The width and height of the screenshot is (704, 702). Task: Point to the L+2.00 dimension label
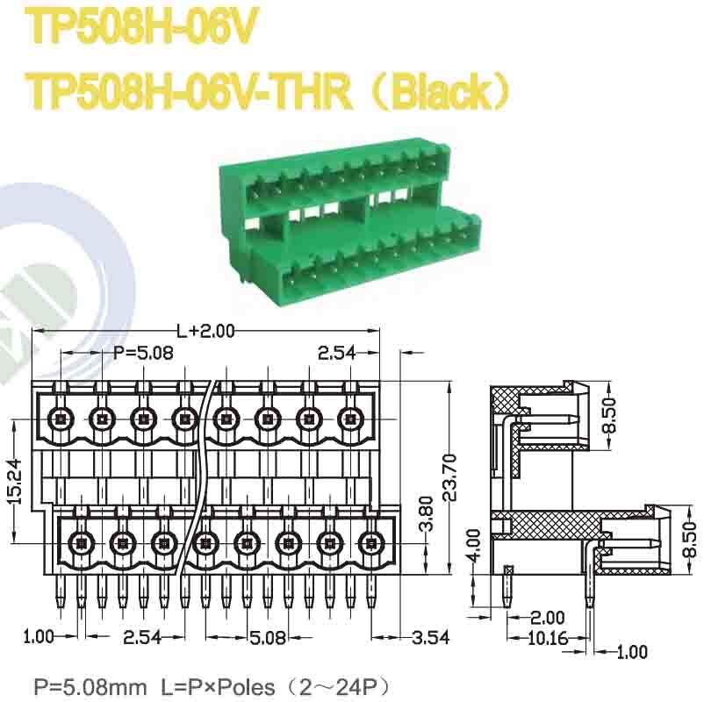point(206,331)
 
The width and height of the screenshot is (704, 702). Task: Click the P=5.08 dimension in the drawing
point(144,353)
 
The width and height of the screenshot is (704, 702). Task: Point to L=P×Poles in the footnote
point(220,684)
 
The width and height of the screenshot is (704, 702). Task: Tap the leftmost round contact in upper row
point(61,419)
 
